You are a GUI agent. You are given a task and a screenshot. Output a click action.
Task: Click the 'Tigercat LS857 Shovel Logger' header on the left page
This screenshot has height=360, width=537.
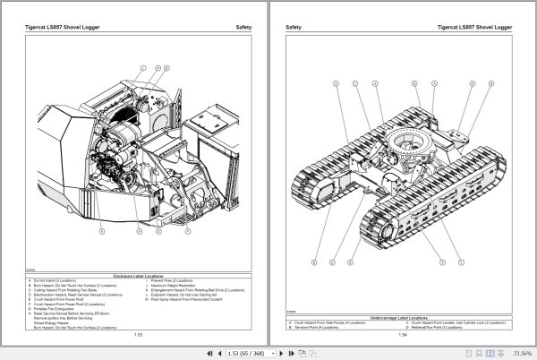click(65, 27)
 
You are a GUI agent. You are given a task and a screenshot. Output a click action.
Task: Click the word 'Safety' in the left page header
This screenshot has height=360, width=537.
click(243, 27)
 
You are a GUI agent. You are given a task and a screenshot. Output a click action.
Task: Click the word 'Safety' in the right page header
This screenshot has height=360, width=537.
click(293, 27)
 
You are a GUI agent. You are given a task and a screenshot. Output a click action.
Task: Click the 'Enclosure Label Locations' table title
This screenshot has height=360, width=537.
click(139, 276)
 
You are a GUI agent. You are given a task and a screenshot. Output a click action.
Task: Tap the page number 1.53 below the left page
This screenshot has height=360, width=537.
click(139, 335)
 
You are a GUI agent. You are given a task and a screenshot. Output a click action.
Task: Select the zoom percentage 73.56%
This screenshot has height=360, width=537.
click(519, 352)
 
